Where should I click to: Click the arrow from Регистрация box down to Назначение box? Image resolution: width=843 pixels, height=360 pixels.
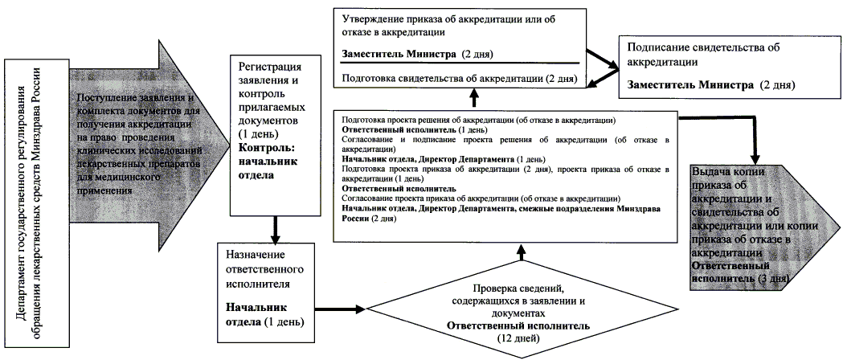(276, 228)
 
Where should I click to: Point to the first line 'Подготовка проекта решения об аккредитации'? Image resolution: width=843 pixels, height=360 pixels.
(479, 120)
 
